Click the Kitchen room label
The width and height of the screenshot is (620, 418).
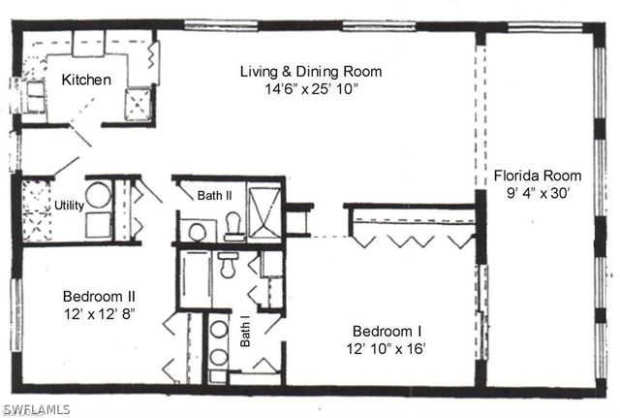point(87,80)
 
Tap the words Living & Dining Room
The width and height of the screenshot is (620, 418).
point(311,71)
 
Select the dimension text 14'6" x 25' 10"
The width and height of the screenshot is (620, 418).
point(311,89)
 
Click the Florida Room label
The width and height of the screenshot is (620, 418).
point(538,176)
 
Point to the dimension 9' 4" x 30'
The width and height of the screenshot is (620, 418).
point(538,194)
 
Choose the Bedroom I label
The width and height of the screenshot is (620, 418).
point(387,329)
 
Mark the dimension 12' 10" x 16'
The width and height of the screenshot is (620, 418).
point(387,347)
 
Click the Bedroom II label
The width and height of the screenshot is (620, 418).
point(99,296)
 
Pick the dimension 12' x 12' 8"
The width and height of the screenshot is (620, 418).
point(99,314)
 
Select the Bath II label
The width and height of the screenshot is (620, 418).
point(215,196)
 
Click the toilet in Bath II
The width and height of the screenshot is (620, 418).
point(233,227)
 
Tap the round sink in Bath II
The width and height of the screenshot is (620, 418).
point(197,231)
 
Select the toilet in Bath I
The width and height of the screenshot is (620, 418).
point(228,263)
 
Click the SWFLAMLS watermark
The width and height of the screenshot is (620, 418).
point(36,409)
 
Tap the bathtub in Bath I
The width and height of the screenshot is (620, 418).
point(195,279)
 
